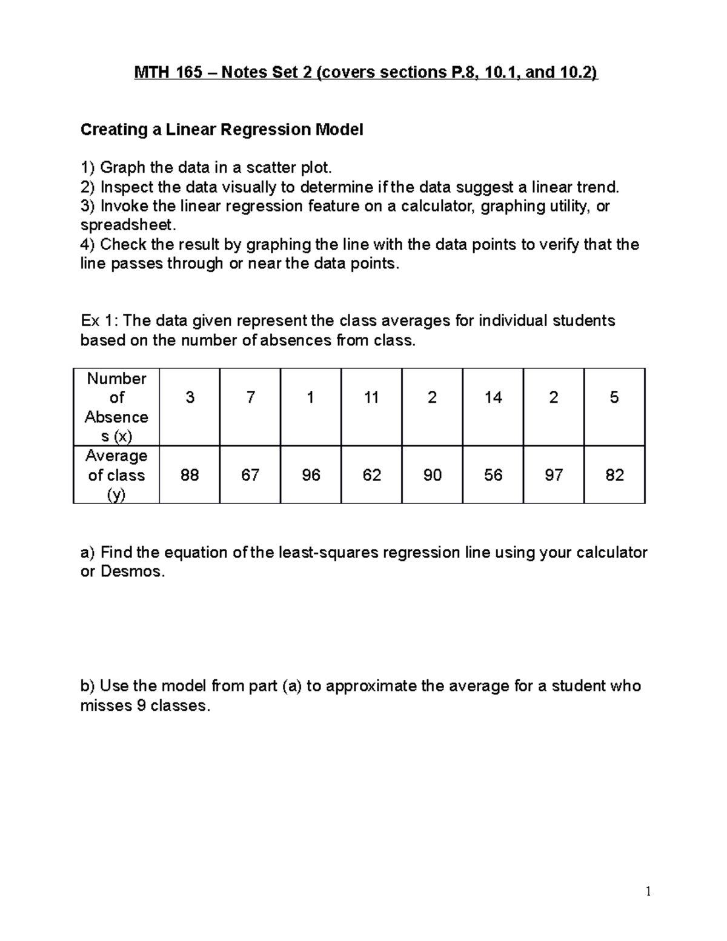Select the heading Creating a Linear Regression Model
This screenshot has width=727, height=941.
pos(222,130)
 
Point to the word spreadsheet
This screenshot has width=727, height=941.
pos(128,225)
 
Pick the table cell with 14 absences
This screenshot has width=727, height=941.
pos(493,397)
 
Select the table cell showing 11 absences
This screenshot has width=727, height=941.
pos(371,397)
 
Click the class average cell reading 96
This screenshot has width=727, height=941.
pos(311,475)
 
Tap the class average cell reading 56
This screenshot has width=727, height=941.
pos(493,475)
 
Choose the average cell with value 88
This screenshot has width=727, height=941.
pos(190,475)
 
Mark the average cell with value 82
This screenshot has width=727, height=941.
pos(614,475)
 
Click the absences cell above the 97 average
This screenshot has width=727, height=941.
pos(554,397)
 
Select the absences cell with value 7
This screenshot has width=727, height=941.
pos(250,397)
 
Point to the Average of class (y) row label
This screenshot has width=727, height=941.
pos(116,475)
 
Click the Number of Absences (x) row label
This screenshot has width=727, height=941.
pos(116,407)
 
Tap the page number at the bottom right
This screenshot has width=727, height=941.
pos(648,891)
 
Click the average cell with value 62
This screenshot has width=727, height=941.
pos(371,475)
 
